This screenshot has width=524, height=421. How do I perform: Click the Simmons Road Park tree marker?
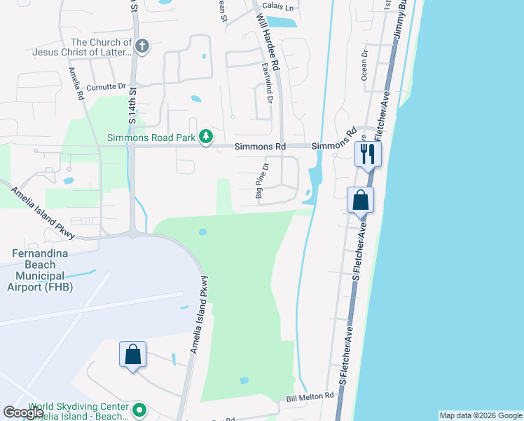tap(205, 137)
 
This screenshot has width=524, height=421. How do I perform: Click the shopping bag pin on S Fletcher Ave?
tap(360, 200)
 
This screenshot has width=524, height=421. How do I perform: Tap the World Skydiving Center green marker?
tap(139, 409)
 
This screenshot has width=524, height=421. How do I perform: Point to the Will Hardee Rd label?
tap(268, 42)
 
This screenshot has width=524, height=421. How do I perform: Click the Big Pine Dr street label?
tap(262, 181)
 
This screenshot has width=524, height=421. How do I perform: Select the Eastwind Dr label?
tap(267, 83)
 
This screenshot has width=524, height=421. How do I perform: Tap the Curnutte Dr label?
tap(106, 86)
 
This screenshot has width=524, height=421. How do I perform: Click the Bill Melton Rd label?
tap(310, 397)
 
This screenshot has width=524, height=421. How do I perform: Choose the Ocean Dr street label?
tap(364, 65)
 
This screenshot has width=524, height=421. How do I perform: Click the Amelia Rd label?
tap(76, 83)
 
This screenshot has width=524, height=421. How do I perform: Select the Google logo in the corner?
tap(22, 413)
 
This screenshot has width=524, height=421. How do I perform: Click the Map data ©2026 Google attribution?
tap(481, 415)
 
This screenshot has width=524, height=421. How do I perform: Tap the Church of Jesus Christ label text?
tap(81, 47)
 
